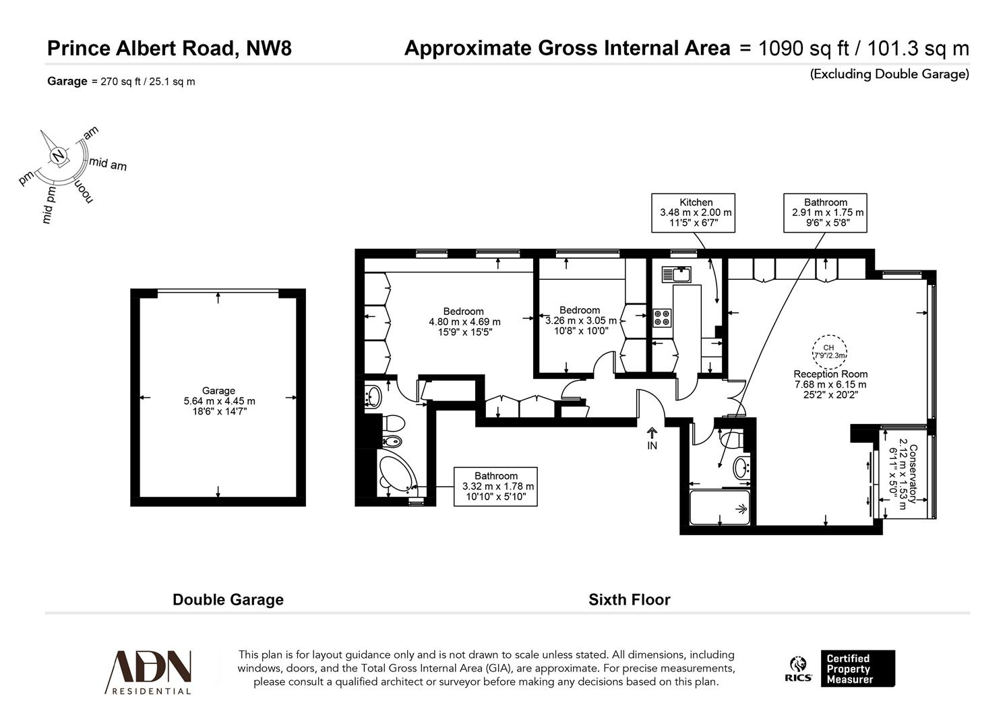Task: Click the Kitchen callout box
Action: pos(693,213)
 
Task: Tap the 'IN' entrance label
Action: pos(652,446)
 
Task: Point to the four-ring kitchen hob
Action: pos(662,317)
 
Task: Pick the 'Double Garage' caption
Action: pos(228,599)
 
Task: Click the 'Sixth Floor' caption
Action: pos(630,599)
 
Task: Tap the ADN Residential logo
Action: pos(149,671)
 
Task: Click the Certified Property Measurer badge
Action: pos(857,669)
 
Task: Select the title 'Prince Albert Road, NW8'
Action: pos(169,49)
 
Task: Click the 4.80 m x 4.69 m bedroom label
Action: pos(464,322)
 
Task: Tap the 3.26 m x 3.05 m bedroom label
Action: pos(580,320)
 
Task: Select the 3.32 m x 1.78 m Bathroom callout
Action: pos(496,486)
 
